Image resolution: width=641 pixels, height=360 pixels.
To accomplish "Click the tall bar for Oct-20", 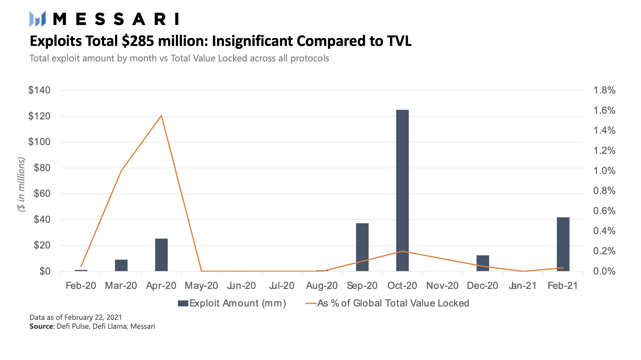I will pyautogui.click(x=402, y=190).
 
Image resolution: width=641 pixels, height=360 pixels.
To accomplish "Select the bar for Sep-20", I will pyautogui.click(x=362, y=247).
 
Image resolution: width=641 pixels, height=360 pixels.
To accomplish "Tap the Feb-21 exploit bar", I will pyautogui.click(x=563, y=244).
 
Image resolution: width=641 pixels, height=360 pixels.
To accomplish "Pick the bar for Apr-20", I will pyautogui.click(x=161, y=255).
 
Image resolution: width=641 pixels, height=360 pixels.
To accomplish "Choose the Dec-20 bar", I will pyautogui.click(x=483, y=263).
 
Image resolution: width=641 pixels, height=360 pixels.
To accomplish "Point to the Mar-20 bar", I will pyautogui.click(x=121, y=265).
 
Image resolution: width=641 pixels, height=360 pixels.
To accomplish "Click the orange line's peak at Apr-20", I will pyautogui.click(x=161, y=115).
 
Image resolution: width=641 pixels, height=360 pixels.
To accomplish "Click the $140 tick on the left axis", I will pyautogui.click(x=39, y=90).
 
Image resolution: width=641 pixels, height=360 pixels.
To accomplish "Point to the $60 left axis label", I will pyautogui.click(x=42, y=194).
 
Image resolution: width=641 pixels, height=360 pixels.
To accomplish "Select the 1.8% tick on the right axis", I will pyautogui.click(x=604, y=90).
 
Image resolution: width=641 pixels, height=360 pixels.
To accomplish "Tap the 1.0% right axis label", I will pyautogui.click(x=604, y=171).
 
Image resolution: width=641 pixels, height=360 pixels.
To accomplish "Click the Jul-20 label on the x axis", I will pyautogui.click(x=282, y=286).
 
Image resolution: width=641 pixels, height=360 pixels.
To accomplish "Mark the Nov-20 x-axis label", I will pyautogui.click(x=442, y=286).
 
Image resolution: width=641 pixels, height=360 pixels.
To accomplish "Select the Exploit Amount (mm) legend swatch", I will pyautogui.click(x=183, y=303).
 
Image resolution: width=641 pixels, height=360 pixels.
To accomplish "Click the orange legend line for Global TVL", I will pyautogui.click(x=311, y=303).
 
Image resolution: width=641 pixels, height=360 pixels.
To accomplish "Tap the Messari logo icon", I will pyautogui.click(x=38, y=19).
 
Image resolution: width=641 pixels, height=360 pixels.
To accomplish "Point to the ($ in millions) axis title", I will pyautogui.click(x=21, y=184).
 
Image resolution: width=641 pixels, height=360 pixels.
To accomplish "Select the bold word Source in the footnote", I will pyautogui.click(x=41, y=326).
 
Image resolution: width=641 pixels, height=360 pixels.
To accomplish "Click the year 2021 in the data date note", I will pyautogui.click(x=114, y=317).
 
